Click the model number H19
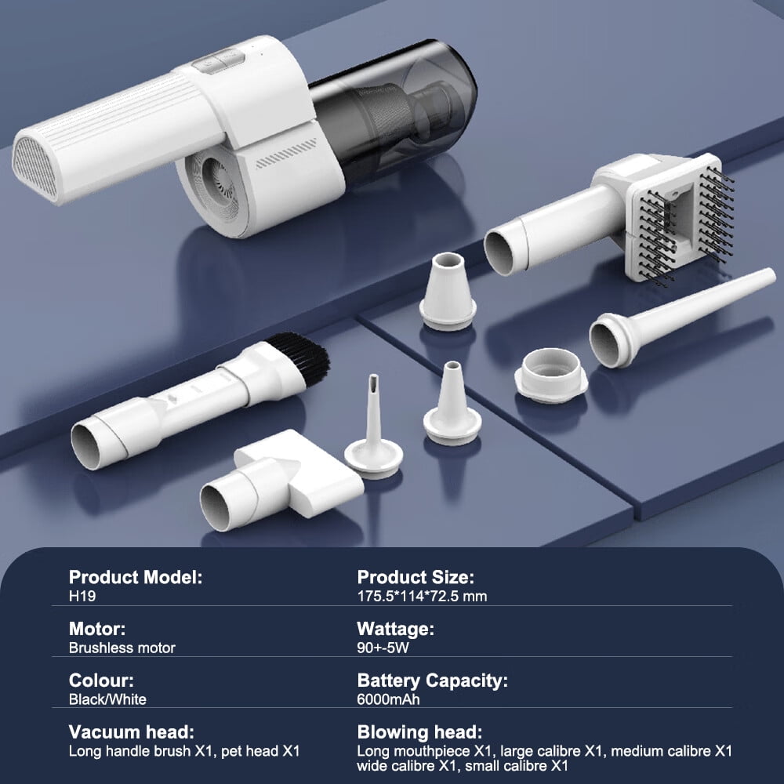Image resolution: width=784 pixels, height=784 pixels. click(82, 596)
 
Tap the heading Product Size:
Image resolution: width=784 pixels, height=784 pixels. click(416, 577)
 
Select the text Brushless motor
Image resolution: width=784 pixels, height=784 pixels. click(122, 648)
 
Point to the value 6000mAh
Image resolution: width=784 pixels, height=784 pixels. click(389, 699)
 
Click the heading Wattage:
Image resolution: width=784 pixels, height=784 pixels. click(395, 629)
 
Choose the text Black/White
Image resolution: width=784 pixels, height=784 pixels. click(107, 699)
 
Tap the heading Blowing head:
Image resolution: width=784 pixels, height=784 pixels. click(419, 732)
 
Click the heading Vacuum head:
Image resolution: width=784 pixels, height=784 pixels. click(132, 732)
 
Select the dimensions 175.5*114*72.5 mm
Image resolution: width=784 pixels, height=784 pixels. click(422, 596)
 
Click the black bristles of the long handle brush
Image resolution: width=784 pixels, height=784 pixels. click(300, 356)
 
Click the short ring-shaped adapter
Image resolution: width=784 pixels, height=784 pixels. click(551, 375)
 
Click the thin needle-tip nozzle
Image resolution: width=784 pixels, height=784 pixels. click(373, 430)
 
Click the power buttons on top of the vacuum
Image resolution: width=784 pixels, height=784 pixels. click(219, 61)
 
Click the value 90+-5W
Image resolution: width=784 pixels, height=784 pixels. click(383, 648)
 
